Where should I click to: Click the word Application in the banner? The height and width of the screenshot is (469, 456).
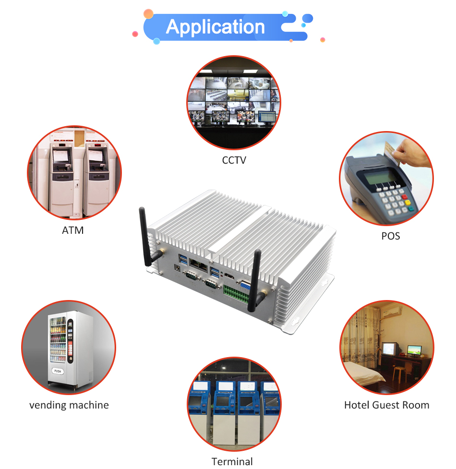(x=215, y=27)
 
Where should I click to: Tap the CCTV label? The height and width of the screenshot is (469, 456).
(x=234, y=160)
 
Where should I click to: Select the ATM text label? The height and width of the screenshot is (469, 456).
(x=73, y=230)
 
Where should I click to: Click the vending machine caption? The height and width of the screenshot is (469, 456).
(x=69, y=405)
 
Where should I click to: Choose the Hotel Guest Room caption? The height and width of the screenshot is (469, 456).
(x=386, y=405)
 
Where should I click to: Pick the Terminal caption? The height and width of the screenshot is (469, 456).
(x=232, y=461)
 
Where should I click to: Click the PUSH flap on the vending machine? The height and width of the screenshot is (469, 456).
(x=58, y=371)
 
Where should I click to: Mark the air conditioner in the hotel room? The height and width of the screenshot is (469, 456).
(x=393, y=312)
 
